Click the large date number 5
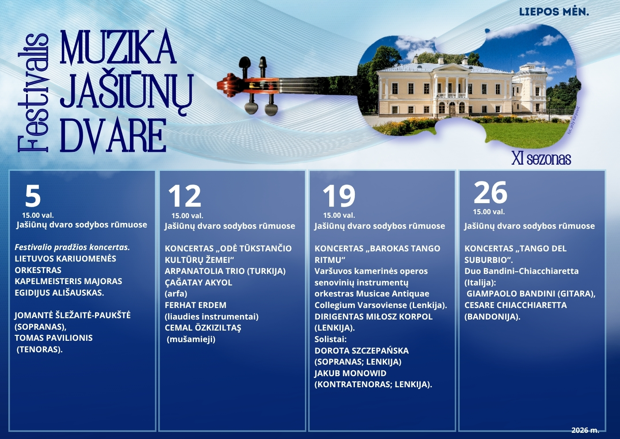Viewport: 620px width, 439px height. coord(33,196)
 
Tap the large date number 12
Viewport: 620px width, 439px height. coord(185,196)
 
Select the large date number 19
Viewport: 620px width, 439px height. coord(339,196)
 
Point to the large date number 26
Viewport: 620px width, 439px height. coord(491,193)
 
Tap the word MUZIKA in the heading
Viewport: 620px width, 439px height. coord(118,46)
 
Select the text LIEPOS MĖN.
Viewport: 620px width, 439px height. coord(554,12)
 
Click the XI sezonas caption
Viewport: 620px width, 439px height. coord(541,159)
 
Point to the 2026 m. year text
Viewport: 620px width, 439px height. coord(585,431)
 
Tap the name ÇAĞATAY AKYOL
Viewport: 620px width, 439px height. coord(198,283)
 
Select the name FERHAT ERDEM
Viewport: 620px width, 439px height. coord(195,305)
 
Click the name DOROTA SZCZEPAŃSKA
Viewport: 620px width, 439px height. coord(361,350)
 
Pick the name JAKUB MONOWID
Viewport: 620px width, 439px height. coord(350,374)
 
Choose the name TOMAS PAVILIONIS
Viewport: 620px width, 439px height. coord(54,338)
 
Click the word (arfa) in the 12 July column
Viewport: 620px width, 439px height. coord(176,294)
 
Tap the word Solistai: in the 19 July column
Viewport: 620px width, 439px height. coord(331,339)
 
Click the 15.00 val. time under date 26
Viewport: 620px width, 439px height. coord(489,212)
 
